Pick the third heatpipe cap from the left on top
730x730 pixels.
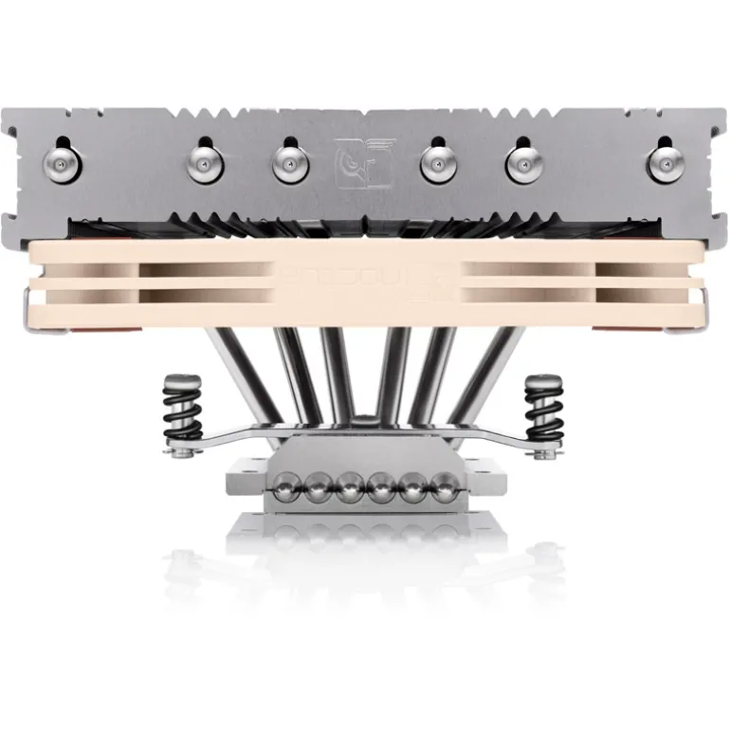[x=288, y=162]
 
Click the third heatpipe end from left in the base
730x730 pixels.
[x=348, y=491]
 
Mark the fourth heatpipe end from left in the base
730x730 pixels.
[x=379, y=491]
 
